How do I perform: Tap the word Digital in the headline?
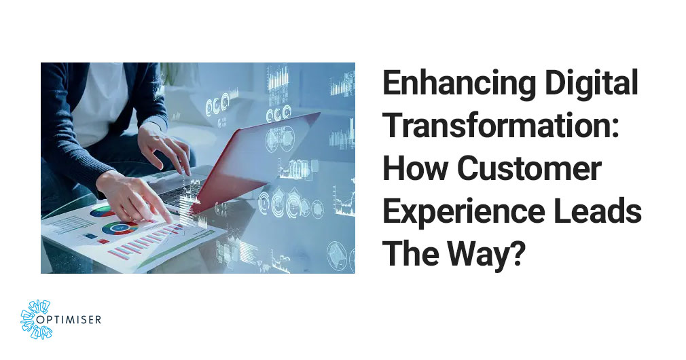click(x=592, y=85)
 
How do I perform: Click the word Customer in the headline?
click(x=530, y=168)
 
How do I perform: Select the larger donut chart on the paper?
click(x=120, y=227)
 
